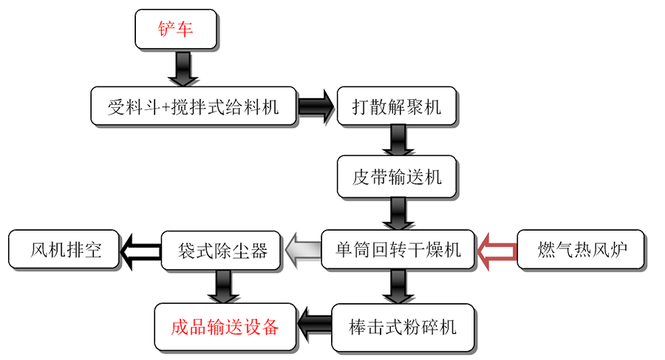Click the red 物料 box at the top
tap(176, 30)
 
